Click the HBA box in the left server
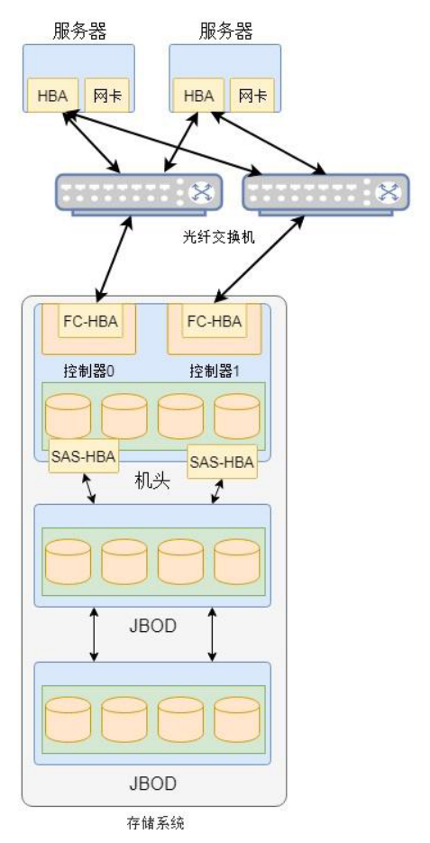coord(52,96)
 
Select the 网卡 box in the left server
coord(106,96)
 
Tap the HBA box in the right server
coord(198,96)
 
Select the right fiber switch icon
coord(325,193)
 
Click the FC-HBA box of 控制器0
coord(89,320)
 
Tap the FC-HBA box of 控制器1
coord(214,320)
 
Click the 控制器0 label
coord(88,371)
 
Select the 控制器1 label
coord(214,371)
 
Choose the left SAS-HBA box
coord(83,457)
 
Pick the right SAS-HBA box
coord(221,463)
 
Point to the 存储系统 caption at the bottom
coord(156,822)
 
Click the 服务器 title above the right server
coord(225,32)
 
